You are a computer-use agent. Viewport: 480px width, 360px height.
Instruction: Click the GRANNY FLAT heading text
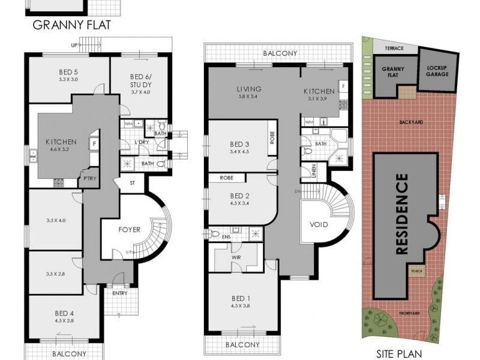71,25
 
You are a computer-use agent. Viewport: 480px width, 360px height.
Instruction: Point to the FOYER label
129,229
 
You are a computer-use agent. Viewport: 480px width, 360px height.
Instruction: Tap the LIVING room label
249,89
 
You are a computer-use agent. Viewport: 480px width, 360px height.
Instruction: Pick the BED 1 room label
241,298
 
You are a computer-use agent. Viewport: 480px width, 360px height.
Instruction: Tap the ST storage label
133,183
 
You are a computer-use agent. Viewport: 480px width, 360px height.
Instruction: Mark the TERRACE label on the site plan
394,48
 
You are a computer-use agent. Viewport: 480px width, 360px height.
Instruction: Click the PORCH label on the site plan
416,271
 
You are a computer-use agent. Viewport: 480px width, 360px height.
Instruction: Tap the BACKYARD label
411,122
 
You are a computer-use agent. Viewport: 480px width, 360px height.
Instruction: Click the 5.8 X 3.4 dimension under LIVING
249,97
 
